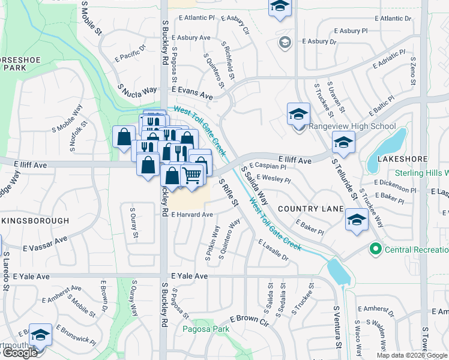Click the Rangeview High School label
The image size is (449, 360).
click(352, 126)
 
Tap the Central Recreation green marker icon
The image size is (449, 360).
click(376, 248)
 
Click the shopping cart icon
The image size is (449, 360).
click(191, 176)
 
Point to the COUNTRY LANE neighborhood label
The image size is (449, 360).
click(310, 209)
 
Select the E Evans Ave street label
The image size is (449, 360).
click(192, 95)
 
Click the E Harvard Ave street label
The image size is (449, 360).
click(192, 214)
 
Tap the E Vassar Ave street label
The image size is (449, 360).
click(46, 244)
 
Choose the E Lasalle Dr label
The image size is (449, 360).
click(274, 250)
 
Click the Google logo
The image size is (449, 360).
click(19, 353)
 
